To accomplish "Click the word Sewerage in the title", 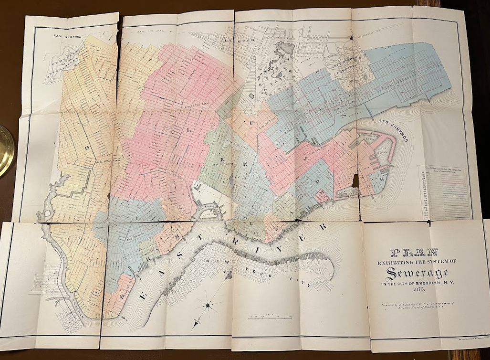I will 416,274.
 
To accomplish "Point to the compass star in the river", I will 209,305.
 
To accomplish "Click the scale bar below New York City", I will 270,317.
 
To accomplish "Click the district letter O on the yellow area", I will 87,148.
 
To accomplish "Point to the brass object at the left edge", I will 5,150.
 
